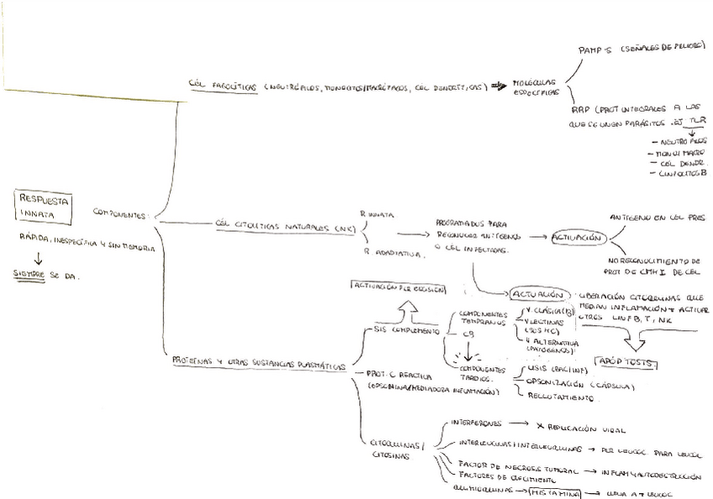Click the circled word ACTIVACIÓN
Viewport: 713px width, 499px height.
[x=578, y=238]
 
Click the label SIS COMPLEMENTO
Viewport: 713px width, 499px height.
[x=405, y=333]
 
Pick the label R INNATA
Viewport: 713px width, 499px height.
[x=375, y=213]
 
